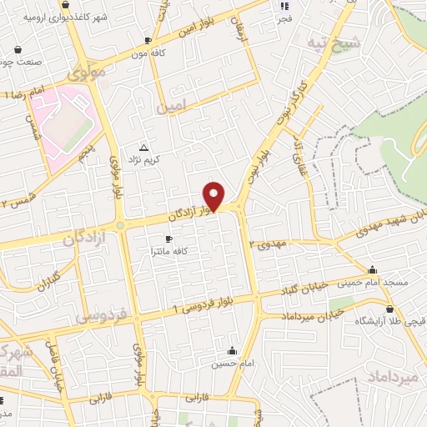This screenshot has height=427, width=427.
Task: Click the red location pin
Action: point(214,195)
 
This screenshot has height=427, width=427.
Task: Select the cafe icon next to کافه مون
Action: point(148,40)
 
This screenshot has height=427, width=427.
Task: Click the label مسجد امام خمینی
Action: point(396,283)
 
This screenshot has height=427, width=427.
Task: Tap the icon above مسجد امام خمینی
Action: point(372,269)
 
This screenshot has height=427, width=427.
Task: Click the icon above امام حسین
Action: point(232,350)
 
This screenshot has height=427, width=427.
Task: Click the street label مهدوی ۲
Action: point(269,243)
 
